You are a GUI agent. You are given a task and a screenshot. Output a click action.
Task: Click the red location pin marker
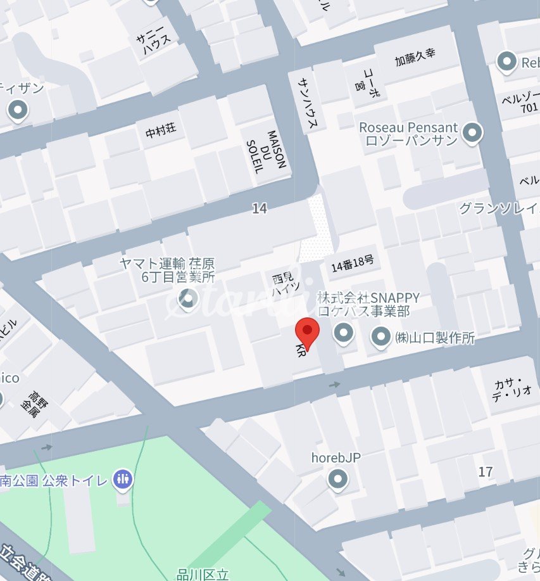click(x=308, y=331)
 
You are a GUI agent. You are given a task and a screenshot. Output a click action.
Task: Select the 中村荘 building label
click(x=161, y=131)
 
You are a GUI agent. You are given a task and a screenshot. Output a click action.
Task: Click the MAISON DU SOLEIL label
click(x=267, y=151)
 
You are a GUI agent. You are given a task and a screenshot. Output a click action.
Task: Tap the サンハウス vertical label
click(x=308, y=101)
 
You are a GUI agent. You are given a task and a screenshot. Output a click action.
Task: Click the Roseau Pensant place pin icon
click(x=472, y=133)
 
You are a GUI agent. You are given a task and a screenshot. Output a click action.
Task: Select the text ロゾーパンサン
click(x=411, y=141)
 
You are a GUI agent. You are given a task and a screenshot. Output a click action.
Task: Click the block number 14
click(x=259, y=208)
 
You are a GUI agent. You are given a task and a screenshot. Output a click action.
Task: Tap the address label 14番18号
click(x=353, y=266)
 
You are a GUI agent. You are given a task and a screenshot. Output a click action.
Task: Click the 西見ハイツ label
click(x=280, y=285)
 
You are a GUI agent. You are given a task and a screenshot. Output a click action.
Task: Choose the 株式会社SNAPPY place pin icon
click(x=344, y=332)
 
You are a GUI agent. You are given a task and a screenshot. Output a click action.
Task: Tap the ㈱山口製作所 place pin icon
click(x=380, y=338)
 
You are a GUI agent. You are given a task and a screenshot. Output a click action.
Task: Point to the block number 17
click(x=486, y=471)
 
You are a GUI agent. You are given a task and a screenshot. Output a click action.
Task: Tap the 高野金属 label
click(x=30, y=402)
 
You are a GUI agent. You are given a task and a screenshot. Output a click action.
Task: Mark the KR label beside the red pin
click(x=301, y=352)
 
